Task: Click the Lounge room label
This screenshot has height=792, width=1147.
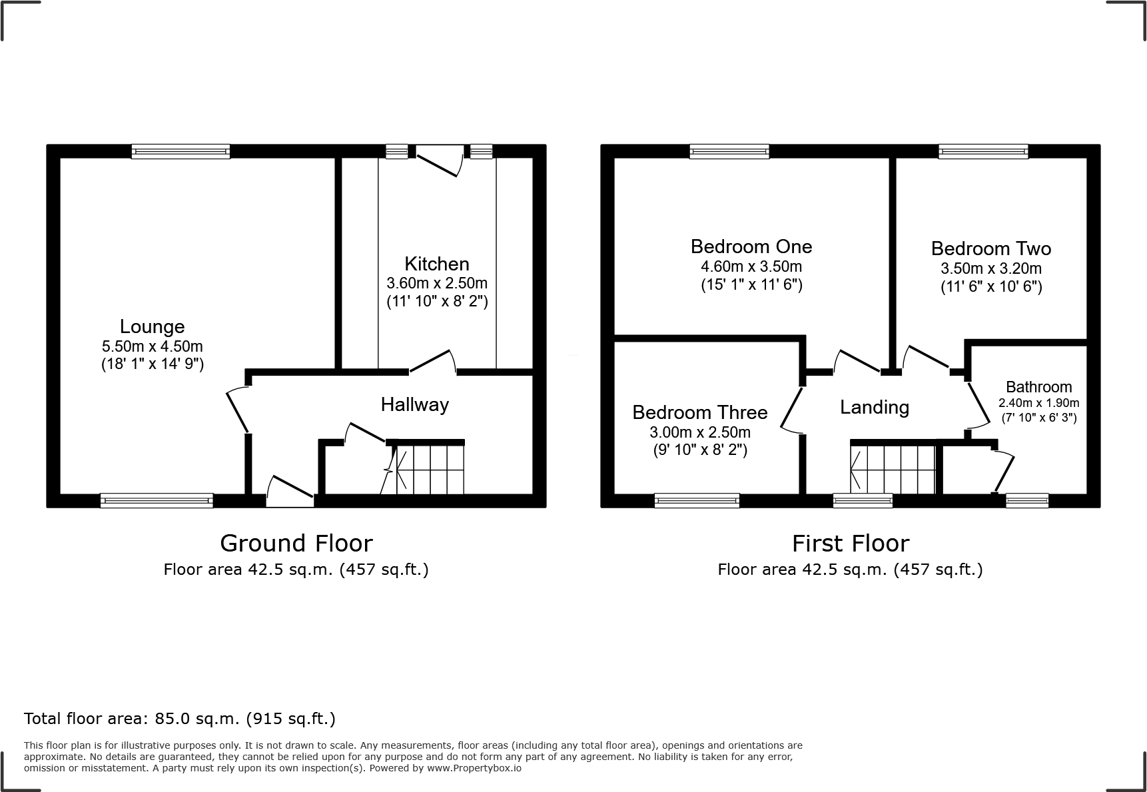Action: click(x=152, y=326)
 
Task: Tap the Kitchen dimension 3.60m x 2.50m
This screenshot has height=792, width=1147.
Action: click(x=437, y=283)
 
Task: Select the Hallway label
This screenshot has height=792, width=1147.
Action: click(x=414, y=404)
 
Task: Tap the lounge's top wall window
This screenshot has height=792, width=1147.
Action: click(x=181, y=151)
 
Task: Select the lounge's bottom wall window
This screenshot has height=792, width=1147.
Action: click(x=157, y=500)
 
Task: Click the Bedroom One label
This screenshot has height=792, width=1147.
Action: click(x=751, y=246)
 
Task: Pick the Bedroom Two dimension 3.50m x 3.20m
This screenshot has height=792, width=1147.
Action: click(x=990, y=269)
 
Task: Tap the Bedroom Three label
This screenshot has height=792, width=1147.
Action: click(x=699, y=412)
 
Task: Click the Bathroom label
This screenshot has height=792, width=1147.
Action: click(x=1038, y=387)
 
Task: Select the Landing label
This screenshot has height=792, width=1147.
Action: click(x=874, y=407)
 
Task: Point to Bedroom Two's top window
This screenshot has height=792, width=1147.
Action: click(x=982, y=151)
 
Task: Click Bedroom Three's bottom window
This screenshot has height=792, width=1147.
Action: click(x=697, y=500)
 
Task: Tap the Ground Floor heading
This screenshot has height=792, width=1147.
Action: click(x=296, y=544)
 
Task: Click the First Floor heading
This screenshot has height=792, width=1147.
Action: click(x=850, y=544)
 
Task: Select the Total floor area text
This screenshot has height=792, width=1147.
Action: click(x=179, y=719)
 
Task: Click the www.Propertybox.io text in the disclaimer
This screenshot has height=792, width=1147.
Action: click(x=474, y=768)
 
